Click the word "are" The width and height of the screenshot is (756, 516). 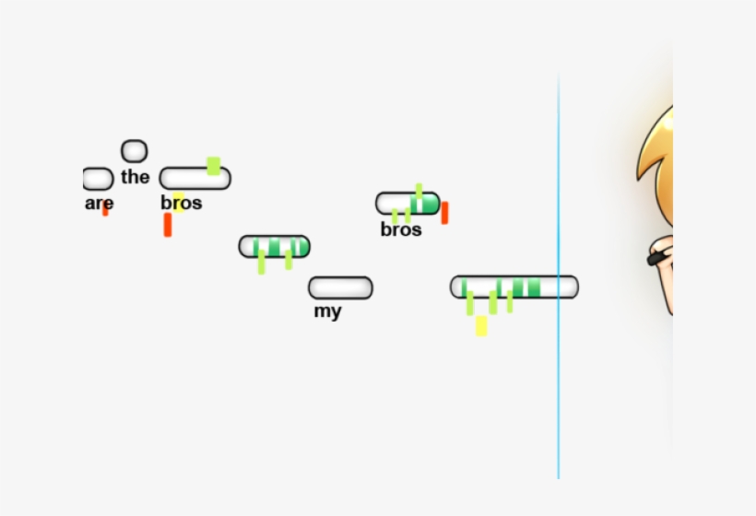click(x=99, y=203)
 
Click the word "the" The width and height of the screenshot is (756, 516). click(x=135, y=177)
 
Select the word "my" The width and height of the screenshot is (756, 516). click(x=327, y=311)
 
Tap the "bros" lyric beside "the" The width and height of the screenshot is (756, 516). click(x=182, y=203)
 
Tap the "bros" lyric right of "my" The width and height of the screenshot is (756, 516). click(x=401, y=229)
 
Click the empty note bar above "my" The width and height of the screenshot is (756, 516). click(x=340, y=287)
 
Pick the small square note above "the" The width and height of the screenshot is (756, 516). click(x=134, y=150)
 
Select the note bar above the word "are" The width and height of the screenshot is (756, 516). click(x=97, y=179)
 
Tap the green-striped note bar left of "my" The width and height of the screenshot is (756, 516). click(x=274, y=246)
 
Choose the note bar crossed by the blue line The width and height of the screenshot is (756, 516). click(x=514, y=287)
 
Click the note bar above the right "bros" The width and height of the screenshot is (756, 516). click(x=407, y=204)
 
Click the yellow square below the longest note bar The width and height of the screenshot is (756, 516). click(x=481, y=325)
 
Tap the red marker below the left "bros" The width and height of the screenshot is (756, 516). click(x=167, y=225)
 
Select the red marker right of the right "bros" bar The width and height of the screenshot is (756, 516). click(x=444, y=213)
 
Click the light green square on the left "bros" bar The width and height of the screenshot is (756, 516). click(x=214, y=166)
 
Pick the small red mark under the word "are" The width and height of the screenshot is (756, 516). click(x=105, y=211)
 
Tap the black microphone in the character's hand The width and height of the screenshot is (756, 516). click(x=657, y=257)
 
